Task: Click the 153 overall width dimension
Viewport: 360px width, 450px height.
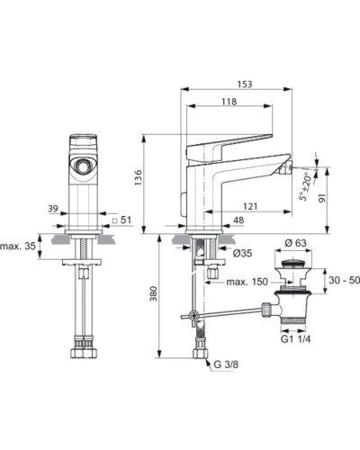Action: coord(246,84)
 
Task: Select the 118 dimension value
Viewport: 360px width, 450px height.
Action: coord(229,102)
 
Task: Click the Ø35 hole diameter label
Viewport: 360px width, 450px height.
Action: coord(242,255)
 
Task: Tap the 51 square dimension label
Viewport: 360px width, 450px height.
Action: coord(126,220)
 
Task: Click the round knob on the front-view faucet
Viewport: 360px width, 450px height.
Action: coord(84,165)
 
